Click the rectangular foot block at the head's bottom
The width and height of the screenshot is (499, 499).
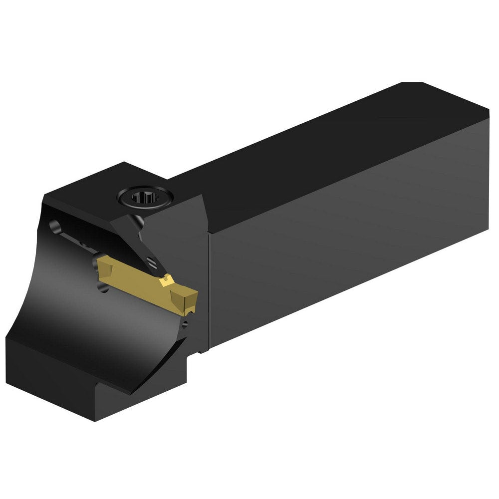(90, 379)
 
